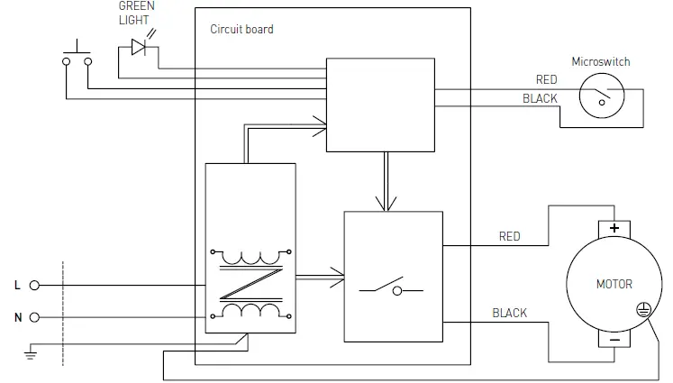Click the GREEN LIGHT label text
point(136,13)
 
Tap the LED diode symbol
point(140,47)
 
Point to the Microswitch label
point(601,62)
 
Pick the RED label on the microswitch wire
point(546,80)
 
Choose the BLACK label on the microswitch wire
point(540,98)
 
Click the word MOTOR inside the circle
point(614,284)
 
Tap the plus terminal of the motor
point(614,228)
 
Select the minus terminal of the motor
point(614,341)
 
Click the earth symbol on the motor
point(643,308)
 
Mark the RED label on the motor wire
point(509,237)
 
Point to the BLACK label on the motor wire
point(509,313)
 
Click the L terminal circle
point(35,285)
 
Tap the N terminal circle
point(35,317)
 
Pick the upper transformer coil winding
point(250,256)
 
